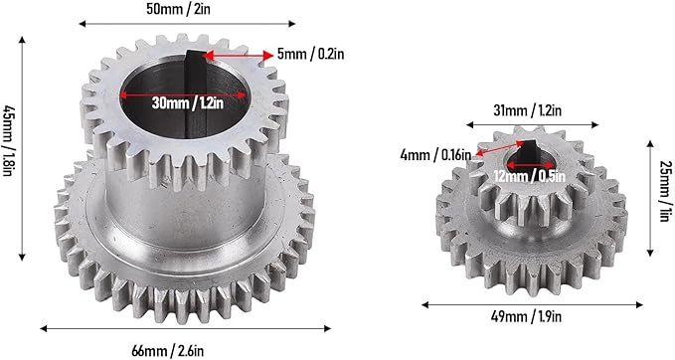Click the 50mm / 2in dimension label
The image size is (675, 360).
[179, 9]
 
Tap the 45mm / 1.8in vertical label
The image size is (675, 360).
[7, 141]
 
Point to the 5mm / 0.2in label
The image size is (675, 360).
[310, 55]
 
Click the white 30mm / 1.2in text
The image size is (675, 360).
[187, 102]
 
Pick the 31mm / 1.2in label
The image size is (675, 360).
[527, 110]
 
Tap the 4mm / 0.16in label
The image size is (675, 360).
[435, 154]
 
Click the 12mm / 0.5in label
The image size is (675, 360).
[529, 176]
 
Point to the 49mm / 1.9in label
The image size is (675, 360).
[526, 317]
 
